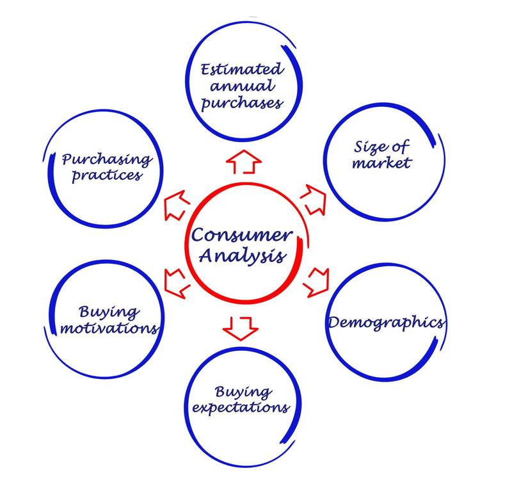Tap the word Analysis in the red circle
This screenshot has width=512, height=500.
click(x=243, y=256)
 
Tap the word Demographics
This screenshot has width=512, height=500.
click(x=386, y=322)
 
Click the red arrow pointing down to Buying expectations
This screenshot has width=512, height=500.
click(x=240, y=327)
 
